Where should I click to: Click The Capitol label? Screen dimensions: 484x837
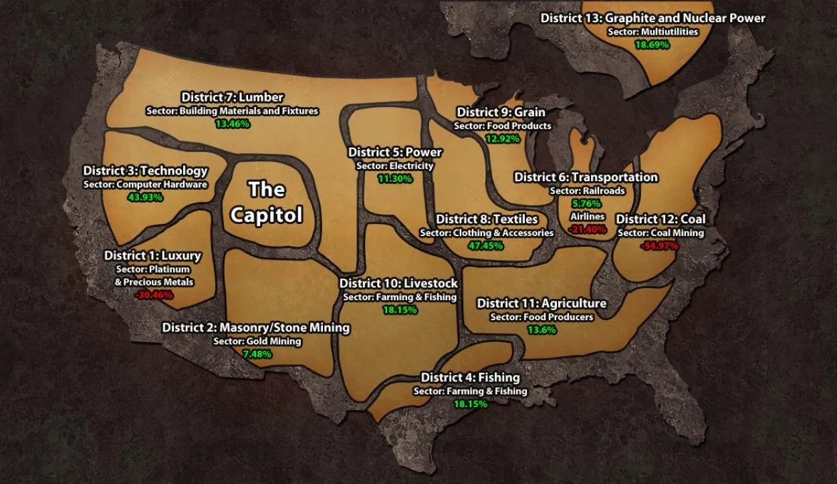tap(267, 202)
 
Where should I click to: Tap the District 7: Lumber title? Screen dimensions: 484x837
tap(232, 98)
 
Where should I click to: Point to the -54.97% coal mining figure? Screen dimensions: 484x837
tap(661, 245)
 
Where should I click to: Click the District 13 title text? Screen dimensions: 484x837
tap(652, 18)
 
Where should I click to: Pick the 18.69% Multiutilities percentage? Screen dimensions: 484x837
tap(652, 44)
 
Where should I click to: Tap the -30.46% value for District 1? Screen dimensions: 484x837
tap(154, 294)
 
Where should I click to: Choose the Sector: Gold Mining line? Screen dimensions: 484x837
tap(257, 341)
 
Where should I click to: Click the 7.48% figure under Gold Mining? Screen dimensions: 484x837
tap(257, 354)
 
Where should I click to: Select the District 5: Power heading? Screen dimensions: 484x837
tap(394, 152)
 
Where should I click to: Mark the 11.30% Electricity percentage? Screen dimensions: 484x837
tap(394, 178)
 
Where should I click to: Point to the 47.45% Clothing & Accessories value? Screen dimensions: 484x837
tap(486, 245)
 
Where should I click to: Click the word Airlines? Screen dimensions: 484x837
tap(587, 217)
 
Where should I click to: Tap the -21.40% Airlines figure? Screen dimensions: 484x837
tap(587, 229)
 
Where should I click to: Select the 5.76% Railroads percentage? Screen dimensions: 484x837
tap(587, 203)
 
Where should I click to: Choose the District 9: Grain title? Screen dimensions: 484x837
tap(501, 112)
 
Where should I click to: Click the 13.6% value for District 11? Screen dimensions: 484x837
tap(542, 330)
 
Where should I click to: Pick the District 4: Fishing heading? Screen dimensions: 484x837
tap(470, 378)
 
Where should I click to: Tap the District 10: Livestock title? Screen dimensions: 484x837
tap(398, 283)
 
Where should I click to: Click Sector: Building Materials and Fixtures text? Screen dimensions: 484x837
tap(232, 111)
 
